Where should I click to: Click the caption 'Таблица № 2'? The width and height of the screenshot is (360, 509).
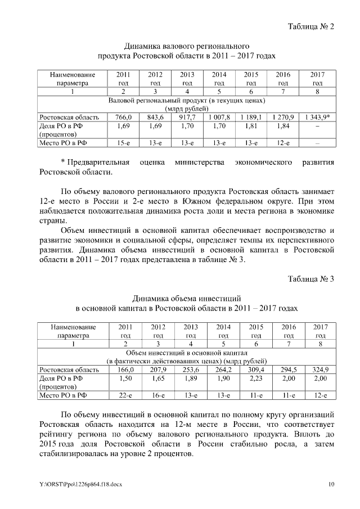point(311,26)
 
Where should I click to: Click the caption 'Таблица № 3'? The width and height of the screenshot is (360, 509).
point(311,279)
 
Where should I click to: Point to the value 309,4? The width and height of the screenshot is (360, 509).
point(256,370)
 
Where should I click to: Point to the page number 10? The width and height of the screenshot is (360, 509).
point(331,484)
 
